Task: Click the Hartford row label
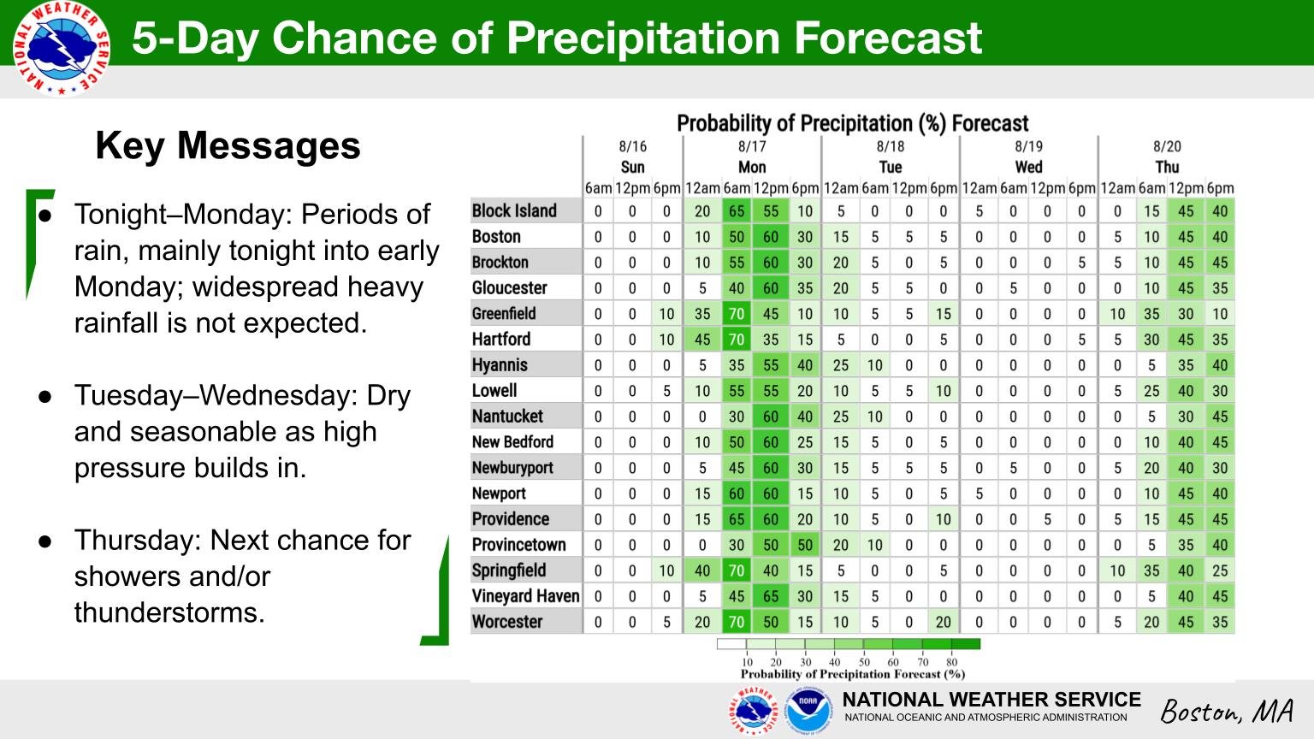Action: pyautogui.click(x=501, y=339)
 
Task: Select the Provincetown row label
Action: pyautogui.click(x=518, y=545)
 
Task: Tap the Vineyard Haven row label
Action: pyautogui.click(x=525, y=596)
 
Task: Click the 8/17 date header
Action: pyautogui.click(x=752, y=146)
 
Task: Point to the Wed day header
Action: pyautogui.click(x=1029, y=167)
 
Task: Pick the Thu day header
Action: pyautogui.click(x=1168, y=167)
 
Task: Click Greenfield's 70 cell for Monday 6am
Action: pyautogui.click(x=737, y=314)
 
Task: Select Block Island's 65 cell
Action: pyautogui.click(x=737, y=211)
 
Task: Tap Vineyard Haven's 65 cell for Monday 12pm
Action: pyautogui.click(x=771, y=596)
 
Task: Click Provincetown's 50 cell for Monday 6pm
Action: pyautogui.click(x=805, y=545)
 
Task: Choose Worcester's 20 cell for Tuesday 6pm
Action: pyautogui.click(x=944, y=622)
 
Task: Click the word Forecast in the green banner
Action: pyautogui.click(x=888, y=38)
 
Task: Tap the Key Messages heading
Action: pyautogui.click(x=228, y=146)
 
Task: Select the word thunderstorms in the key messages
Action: pyautogui.click(x=169, y=613)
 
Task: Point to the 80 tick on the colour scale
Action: pyautogui.click(x=951, y=662)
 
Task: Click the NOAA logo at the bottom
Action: pyautogui.click(x=808, y=711)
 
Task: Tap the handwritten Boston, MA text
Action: pyautogui.click(x=1228, y=712)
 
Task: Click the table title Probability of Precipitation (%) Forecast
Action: pyautogui.click(x=852, y=124)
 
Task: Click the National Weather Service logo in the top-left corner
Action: pyautogui.click(x=61, y=49)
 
